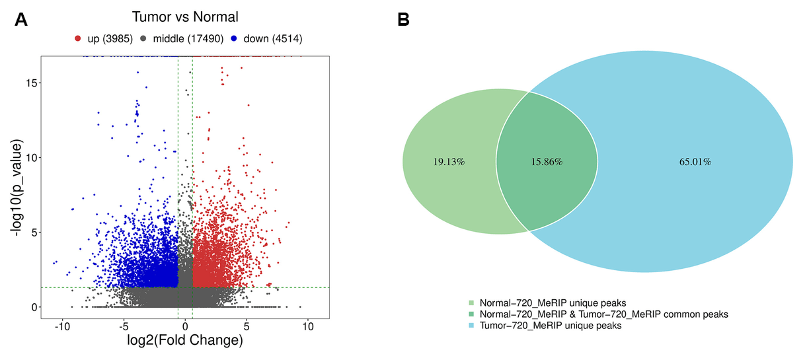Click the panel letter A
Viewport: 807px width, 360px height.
[x=21, y=20]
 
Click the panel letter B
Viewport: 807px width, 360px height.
[x=403, y=20]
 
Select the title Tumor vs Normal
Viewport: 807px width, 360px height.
[x=185, y=17]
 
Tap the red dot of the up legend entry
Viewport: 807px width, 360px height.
[x=79, y=39]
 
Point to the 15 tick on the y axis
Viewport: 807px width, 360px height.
[x=30, y=83]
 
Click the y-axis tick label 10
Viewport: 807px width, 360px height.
[x=30, y=157]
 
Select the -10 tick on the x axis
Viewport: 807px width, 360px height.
[x=63, y=326]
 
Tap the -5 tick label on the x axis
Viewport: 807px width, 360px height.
[x=124, y=326]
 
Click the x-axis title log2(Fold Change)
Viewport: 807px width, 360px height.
[x=184, y=342]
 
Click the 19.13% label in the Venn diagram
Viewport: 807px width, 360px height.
[x=449, y=162]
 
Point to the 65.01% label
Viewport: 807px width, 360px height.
[x=695, y=162]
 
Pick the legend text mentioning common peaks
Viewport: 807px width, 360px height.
[x=604, y=314]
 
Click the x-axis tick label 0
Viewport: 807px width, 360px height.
[x=185, y=326]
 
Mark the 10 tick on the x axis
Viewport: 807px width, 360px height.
[x=307, y=326]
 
